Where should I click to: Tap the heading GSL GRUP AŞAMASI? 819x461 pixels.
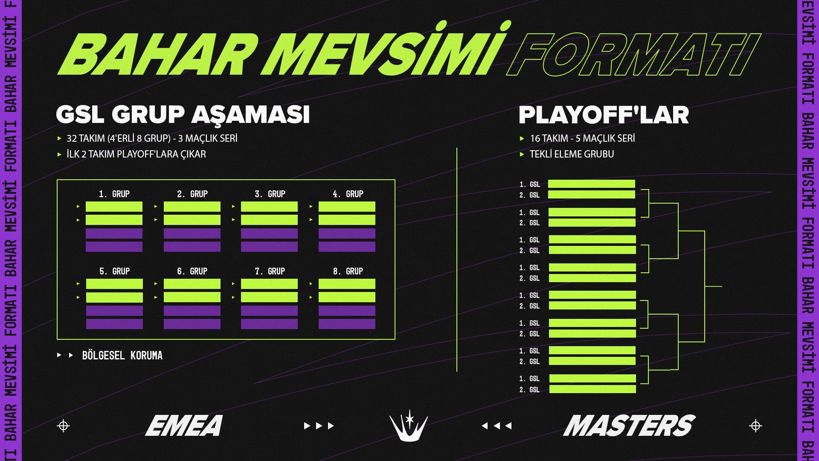[x=183, y=115]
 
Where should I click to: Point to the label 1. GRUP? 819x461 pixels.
[x=114, y=194]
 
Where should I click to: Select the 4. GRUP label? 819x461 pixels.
[x=348, y=194]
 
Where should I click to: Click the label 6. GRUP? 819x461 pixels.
[x=192, y=271]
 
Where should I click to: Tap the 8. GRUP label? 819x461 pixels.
[x=348, y=271]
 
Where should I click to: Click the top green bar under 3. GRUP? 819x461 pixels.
[x=269, y=207]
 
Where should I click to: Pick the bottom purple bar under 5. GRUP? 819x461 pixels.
[x=114, y=324]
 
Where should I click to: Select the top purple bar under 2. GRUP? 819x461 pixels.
[x=192, y=233]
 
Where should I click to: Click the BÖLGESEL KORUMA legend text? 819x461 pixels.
[x=122, y=356]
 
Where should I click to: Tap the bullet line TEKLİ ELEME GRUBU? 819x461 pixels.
[x=572, y=154]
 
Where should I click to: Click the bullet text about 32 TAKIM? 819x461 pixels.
[x=152, y=139]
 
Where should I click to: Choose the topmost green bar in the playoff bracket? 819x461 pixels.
[x=592, y=184]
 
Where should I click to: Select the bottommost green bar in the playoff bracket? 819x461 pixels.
[x=592, y=389]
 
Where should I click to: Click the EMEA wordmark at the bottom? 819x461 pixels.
[x=184, y=426]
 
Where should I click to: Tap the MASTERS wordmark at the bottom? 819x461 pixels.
[x=629, y=426]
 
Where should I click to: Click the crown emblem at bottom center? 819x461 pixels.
[x=409, y=427]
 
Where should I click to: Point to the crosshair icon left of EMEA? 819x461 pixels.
[x=63, y=426]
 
